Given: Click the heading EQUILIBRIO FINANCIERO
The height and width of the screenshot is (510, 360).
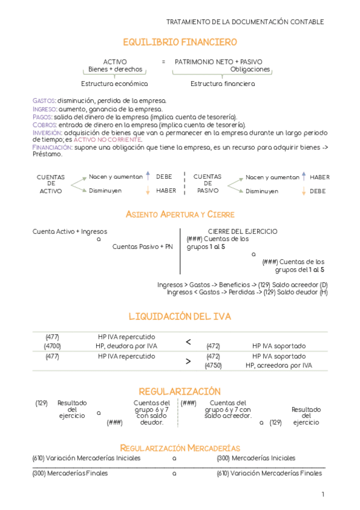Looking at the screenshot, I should point(180,42).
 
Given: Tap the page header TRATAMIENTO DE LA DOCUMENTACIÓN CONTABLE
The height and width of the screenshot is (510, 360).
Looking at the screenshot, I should point(245,22).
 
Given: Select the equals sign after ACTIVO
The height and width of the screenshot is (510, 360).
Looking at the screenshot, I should point(163,62).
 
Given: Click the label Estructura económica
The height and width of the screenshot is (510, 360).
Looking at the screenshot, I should point(114,84).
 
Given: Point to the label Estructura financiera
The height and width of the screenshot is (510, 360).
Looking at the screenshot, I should point(222,84).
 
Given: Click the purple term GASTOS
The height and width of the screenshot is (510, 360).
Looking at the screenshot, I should point(44,100).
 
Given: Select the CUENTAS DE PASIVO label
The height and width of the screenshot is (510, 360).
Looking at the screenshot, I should point(207,184).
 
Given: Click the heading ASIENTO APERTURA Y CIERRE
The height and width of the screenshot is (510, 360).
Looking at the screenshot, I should point(180,215).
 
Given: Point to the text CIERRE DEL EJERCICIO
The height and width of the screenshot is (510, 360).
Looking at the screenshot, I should point(242,232).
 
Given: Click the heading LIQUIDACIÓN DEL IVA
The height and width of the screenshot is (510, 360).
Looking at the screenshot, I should point(180,316).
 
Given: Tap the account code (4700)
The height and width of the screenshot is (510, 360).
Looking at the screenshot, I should point(52,346).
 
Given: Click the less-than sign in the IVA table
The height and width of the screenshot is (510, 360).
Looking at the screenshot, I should point(188,342).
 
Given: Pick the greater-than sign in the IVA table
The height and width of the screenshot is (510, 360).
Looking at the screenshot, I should point(188,361).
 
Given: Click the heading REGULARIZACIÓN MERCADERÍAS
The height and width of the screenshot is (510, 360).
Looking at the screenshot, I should point(180,448).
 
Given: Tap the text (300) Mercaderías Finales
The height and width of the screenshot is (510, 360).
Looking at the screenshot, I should point(70,473).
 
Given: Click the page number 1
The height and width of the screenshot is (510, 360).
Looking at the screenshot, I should point(323,494).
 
